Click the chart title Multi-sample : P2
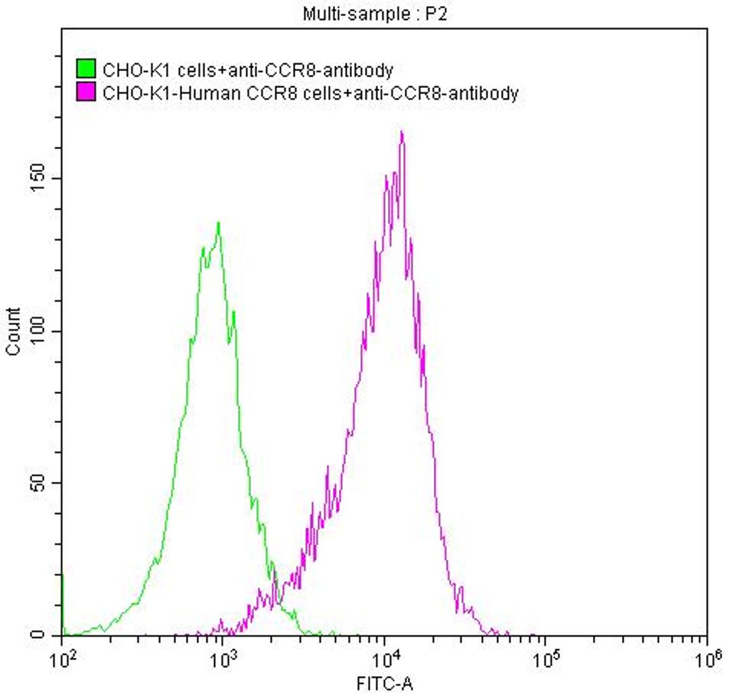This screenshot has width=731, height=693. [375, 14]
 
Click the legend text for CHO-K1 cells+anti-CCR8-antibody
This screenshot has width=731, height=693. [248, 69]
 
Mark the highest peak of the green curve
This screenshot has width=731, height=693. [219, 223]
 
